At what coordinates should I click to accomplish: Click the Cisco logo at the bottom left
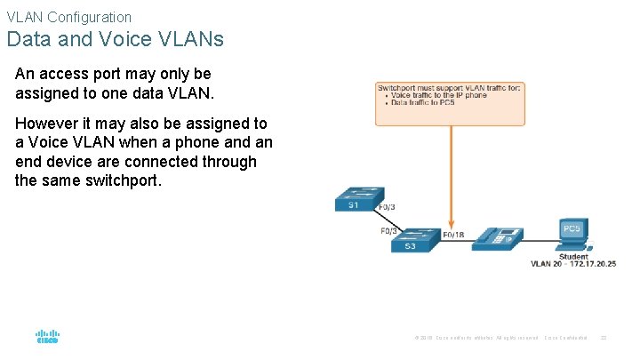(46, 338)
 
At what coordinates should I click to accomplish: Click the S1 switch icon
(359, 199)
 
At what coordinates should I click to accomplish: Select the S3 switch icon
(415, 240)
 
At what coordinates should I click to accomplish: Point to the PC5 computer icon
(572, 234)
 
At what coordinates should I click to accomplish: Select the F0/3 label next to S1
(388, 208)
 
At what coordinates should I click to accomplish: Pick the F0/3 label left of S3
(389, 231)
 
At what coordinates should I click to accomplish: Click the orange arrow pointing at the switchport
(450, 178)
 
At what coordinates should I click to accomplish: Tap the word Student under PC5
(573, 257)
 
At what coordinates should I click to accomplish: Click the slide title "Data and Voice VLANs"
(115, 40)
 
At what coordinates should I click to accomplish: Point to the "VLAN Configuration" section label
(68, 17)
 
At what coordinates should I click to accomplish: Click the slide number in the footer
(604, 338)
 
